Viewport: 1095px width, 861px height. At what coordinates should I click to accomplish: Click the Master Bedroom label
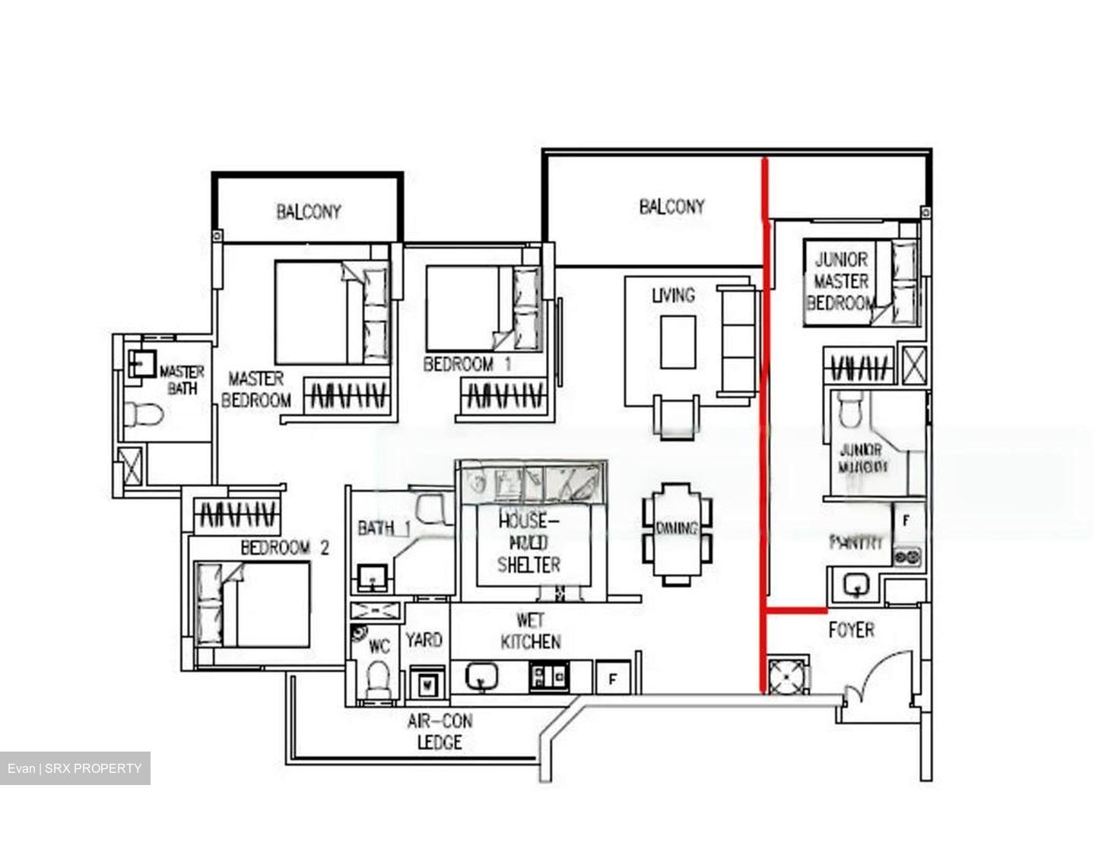tap(255, 388)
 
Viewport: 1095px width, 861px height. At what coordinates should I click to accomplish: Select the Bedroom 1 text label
tap(466, 365)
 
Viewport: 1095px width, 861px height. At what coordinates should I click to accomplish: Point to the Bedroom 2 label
tap(284, 547)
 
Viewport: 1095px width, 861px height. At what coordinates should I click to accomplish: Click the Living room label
tap(673, 294)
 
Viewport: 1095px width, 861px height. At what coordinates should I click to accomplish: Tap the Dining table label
tap(677, 529)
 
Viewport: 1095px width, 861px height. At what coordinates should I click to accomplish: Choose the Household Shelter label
tap(528, 543)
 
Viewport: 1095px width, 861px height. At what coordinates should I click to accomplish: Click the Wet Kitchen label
tap(530, 631)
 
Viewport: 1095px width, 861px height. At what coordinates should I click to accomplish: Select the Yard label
tap(424, 640)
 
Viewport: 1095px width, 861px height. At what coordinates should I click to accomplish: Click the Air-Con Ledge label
tap(439, 731)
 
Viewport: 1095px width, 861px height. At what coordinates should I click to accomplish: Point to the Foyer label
tap(851, 629)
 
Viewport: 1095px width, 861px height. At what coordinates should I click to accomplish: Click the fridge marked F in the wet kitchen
tap(612, 678)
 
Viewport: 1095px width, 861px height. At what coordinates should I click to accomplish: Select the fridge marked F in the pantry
tap(906, 521)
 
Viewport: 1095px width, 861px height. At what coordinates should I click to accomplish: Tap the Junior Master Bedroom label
tap(840, 280)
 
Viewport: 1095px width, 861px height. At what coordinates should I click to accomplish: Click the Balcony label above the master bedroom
tap(308, 211)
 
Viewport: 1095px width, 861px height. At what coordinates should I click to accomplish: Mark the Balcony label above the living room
tap(671, 206)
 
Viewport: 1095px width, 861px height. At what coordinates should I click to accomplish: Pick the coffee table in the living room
tap(678, 342)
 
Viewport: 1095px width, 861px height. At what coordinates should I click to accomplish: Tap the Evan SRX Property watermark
tap(75, 768)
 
